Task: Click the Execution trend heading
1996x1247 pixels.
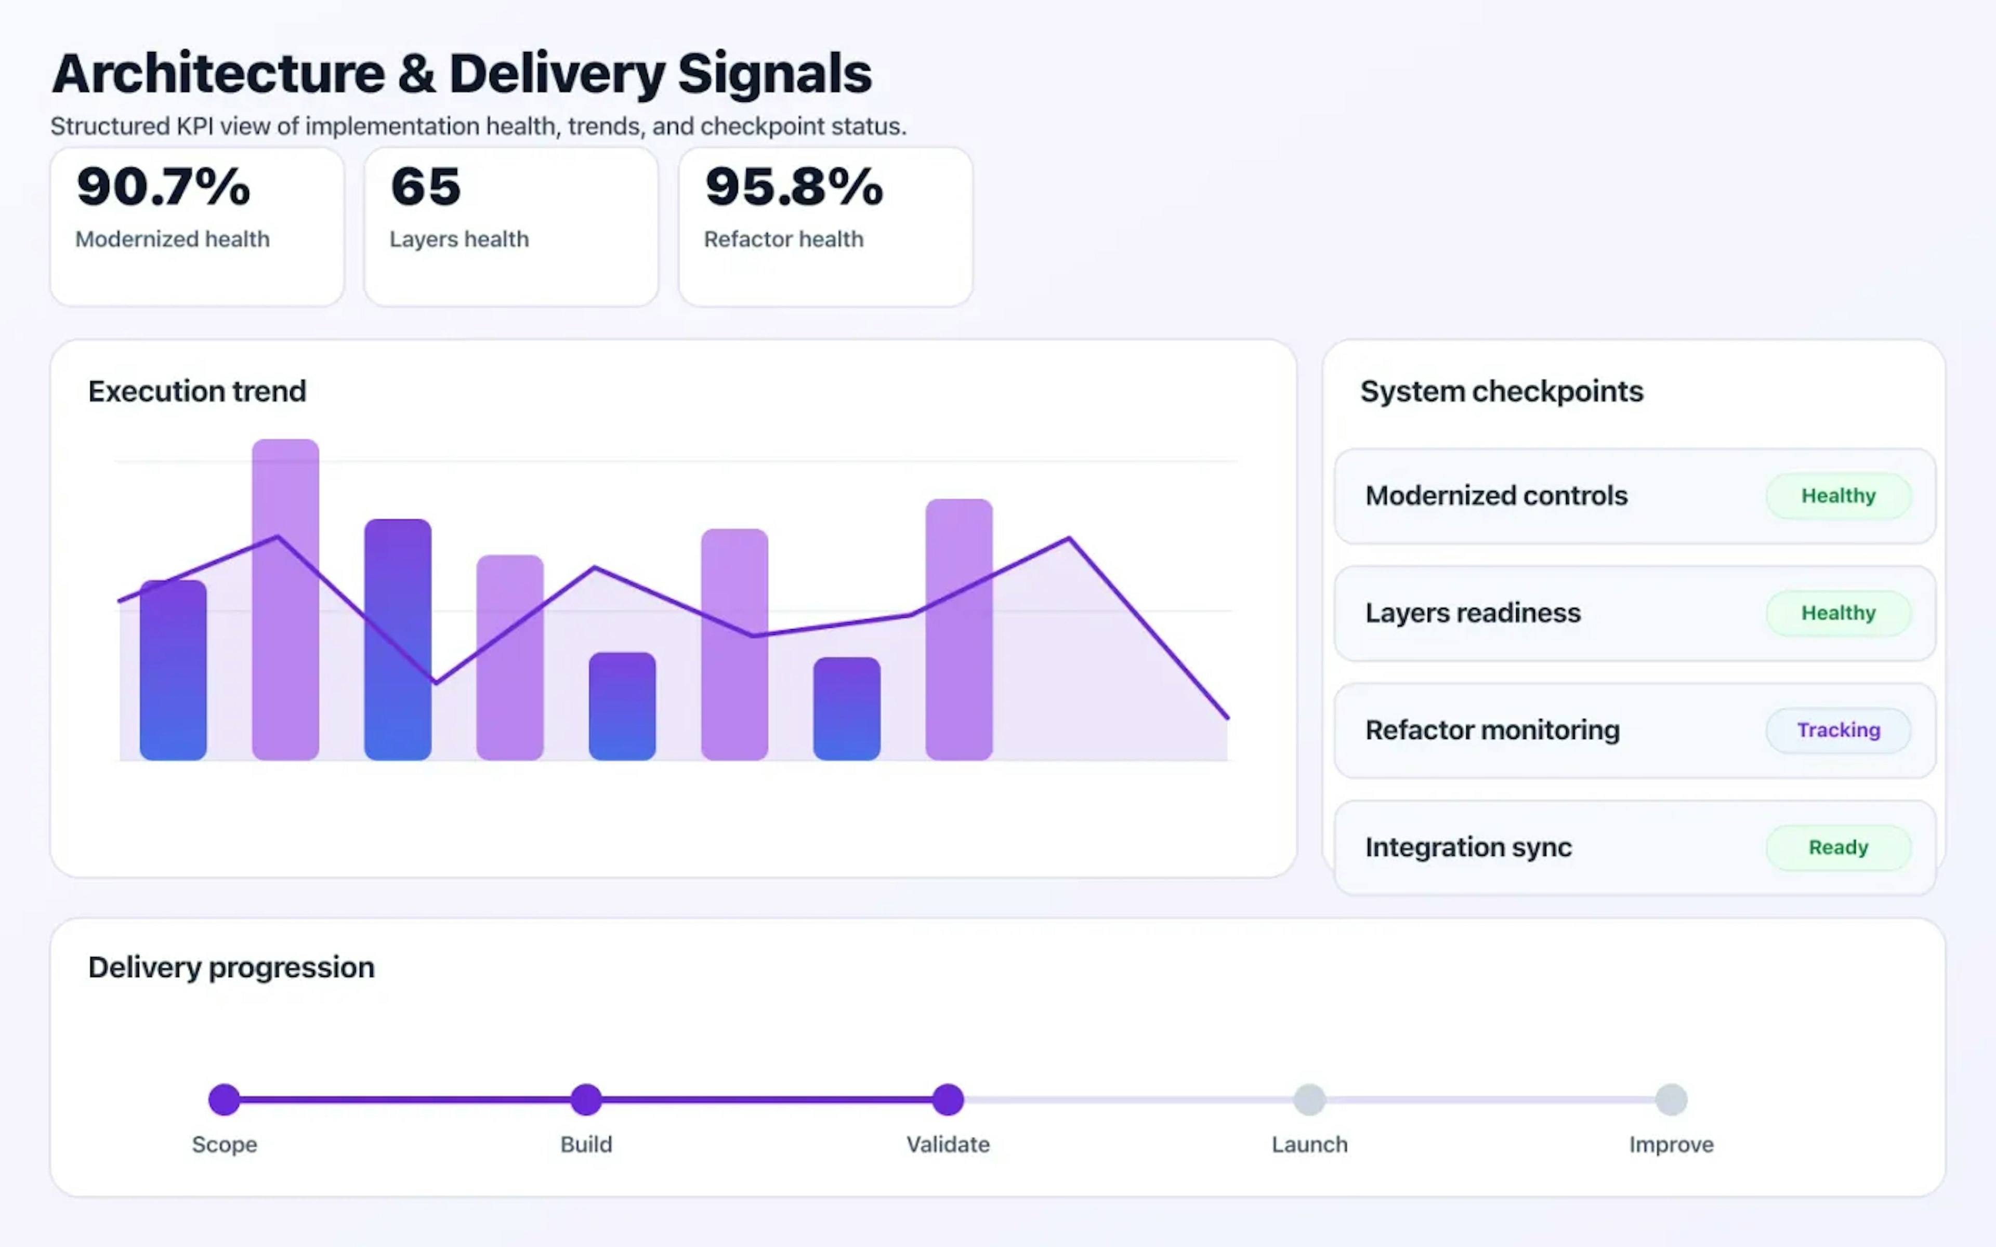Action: pyautogui.click(x=197, y=391)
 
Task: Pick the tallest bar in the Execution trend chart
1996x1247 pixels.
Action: pyautogui.click(x=285, y=599)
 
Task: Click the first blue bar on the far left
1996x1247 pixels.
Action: pyautogui.click(x=173, y=670)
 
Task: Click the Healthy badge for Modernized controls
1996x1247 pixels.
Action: pyautogui.click(x=1837, y=496)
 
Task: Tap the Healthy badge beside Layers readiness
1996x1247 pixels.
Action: pyautogui.click(x=1837, y=613)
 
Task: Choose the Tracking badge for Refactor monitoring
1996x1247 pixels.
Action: pyautogui.click(x=1837, y=730)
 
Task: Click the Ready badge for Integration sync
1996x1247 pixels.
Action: pyautogui.click(x=1837, y=847)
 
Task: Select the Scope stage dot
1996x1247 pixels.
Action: pyautogui.click(x=225, y=1099)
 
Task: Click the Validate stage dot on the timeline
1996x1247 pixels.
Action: pyautogui.click(x=948, y=1099)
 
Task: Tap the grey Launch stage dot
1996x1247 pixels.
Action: pyautogui.click(x=1309, y=1099)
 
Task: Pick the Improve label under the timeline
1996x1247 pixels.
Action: pyautogui.click(x=1671, y=1144)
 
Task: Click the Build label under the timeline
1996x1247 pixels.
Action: pyautogui.click(x=586, y=1144)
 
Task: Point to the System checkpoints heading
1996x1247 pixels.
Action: pyautogui.click(x=1501, y=391)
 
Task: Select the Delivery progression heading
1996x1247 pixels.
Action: pyautogui.click(x=231, y=966)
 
